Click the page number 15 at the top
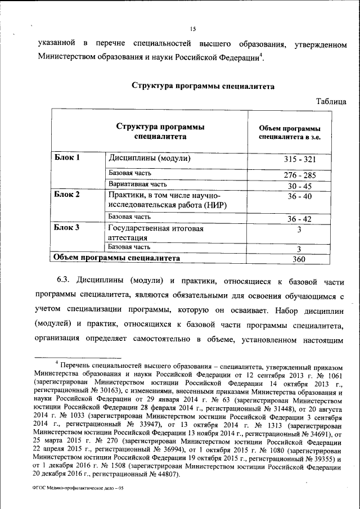(192, 29)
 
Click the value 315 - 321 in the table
(299, 160)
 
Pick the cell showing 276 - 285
(299, 175)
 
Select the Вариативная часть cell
(138, 184)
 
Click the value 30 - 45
(299, 186)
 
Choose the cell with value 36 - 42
(299, 218)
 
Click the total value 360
(299, 259)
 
